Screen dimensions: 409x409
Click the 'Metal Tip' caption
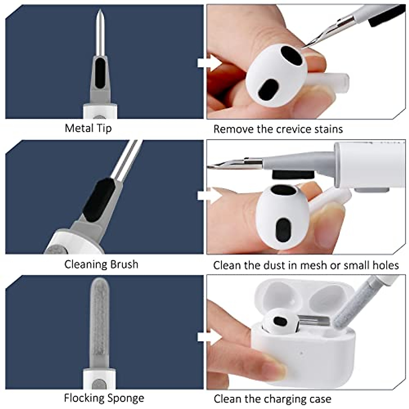pos(88,128)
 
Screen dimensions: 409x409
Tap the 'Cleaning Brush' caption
pos(101,264)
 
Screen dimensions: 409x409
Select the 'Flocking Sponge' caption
pos(104,398)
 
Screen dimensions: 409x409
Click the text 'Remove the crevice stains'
pos(278,129)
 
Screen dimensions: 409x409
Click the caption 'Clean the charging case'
pos(272,399)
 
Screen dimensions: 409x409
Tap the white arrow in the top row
pos(209,63)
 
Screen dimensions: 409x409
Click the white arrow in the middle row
pos(209,196)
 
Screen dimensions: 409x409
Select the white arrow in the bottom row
pos(209,337)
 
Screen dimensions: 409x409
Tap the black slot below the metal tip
pos(100,73)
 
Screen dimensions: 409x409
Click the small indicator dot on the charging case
pos(302,352)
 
